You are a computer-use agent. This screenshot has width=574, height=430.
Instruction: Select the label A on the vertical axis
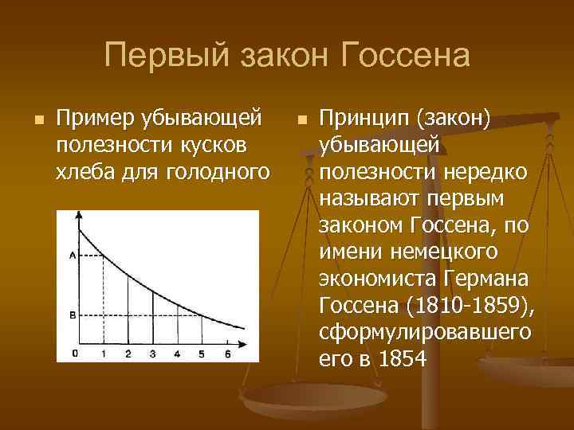pos(73,255)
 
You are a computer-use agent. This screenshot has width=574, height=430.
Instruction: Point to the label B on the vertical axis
pos(73,315)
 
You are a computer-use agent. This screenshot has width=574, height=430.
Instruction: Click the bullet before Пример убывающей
pos(36,120)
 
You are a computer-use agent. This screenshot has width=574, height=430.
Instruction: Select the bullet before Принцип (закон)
pos(300,120)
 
